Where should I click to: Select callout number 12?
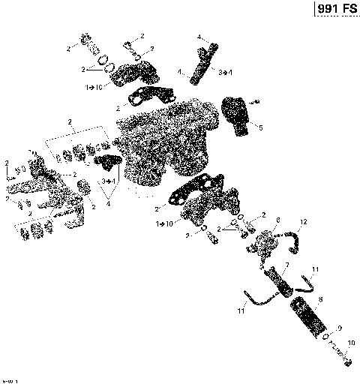(303, 222)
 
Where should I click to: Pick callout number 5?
(260, 128)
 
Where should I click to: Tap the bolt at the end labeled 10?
(347, 363)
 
